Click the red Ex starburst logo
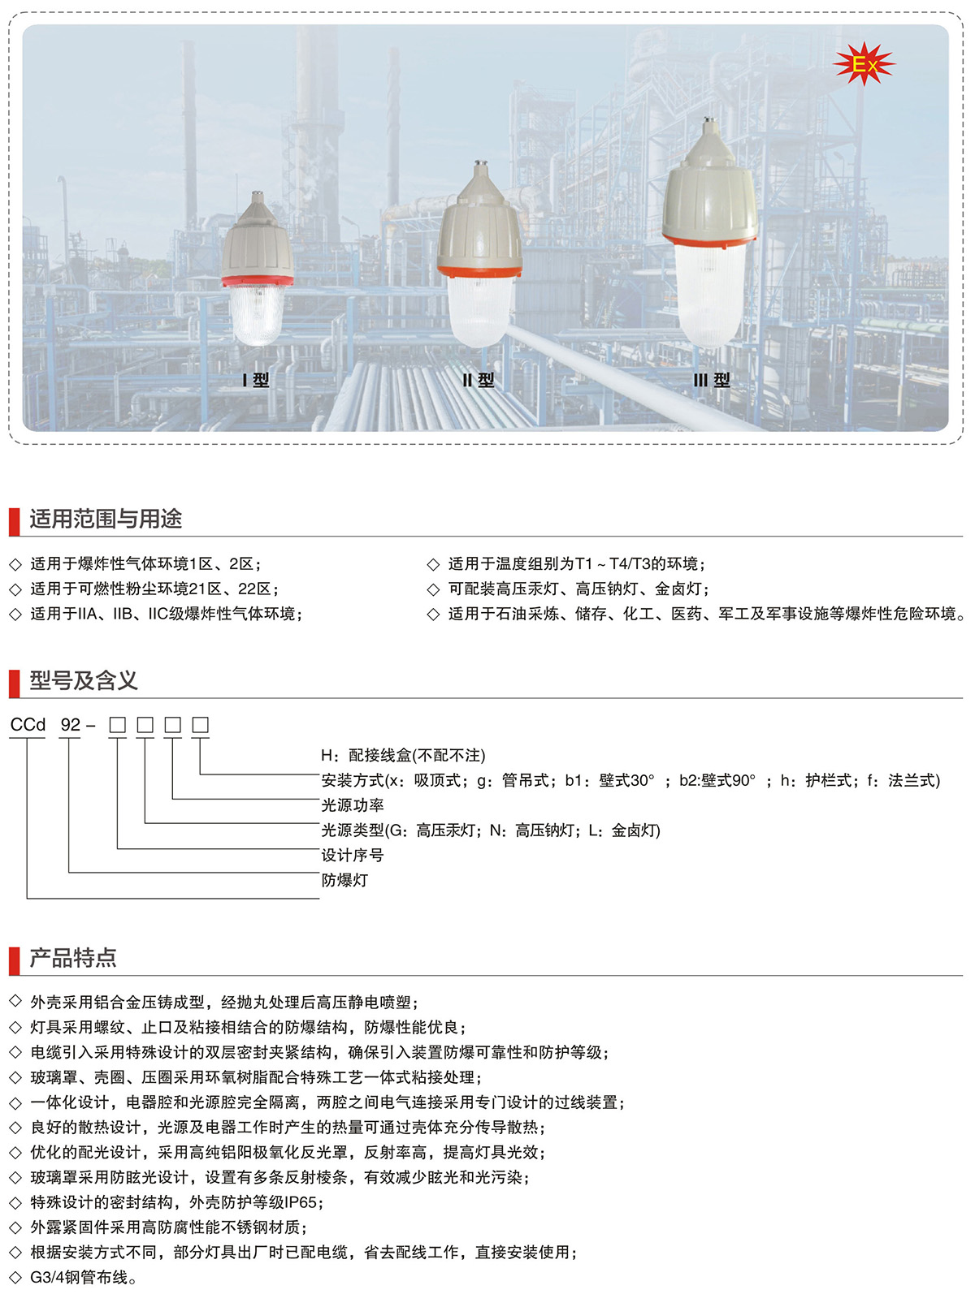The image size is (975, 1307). [x=864, y=64]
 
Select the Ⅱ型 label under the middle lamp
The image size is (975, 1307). [x=479, y=380]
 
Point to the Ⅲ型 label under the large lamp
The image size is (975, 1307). [x=712, y=380]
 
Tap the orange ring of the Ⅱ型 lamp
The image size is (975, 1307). [x=479, y=272]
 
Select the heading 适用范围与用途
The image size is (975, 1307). [x=106, y=519]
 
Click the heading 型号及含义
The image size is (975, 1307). [x=84, y=680]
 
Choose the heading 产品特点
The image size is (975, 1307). [x=73, y=958]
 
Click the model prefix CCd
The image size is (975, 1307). [x=28, y=725]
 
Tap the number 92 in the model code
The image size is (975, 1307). [x=71, y=725]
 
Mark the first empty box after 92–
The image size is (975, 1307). [x=118, y=725]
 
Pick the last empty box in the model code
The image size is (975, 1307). [x=201, y=725]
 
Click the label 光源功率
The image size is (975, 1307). [x=353, y=805]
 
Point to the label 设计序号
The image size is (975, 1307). [x=353, y=855]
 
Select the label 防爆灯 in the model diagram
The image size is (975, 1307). [x=344, y=880]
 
